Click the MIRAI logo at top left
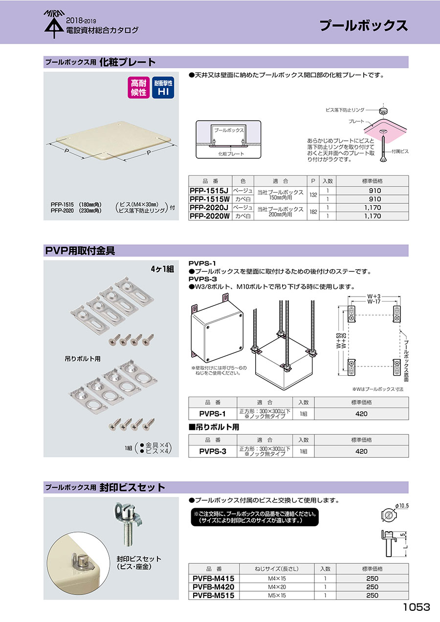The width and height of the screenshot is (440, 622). [x=54, y=24]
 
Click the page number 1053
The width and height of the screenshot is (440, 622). [x=417, y=607]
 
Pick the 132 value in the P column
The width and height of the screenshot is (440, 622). [x=313, y=195]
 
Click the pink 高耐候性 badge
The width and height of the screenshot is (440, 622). [x=139, y=87]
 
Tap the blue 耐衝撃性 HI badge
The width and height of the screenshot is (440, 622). [x=163, y=87]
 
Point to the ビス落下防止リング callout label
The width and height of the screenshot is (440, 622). [x=345, y=110]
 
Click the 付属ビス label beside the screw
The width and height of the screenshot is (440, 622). [x=400, y=151]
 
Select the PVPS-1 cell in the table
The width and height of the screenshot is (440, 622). [x=213, y=414]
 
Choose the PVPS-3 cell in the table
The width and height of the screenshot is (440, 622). [x=213, y=451]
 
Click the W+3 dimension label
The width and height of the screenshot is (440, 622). [x=374, y=297]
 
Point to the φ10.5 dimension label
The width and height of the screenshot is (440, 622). [x=402, y=506]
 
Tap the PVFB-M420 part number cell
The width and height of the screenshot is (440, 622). [x=214, y=587]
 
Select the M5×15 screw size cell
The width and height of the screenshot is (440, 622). [x=277, y=595]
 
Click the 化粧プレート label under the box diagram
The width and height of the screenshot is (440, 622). [x=231, y=154]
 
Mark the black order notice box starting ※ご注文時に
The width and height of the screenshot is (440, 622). [x=255, y=517]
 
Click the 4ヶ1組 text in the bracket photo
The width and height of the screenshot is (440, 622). [x=162, y=269]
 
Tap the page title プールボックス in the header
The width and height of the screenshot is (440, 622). [x=364, y=25]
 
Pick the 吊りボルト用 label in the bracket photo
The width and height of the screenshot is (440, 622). [x=83, y=359]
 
